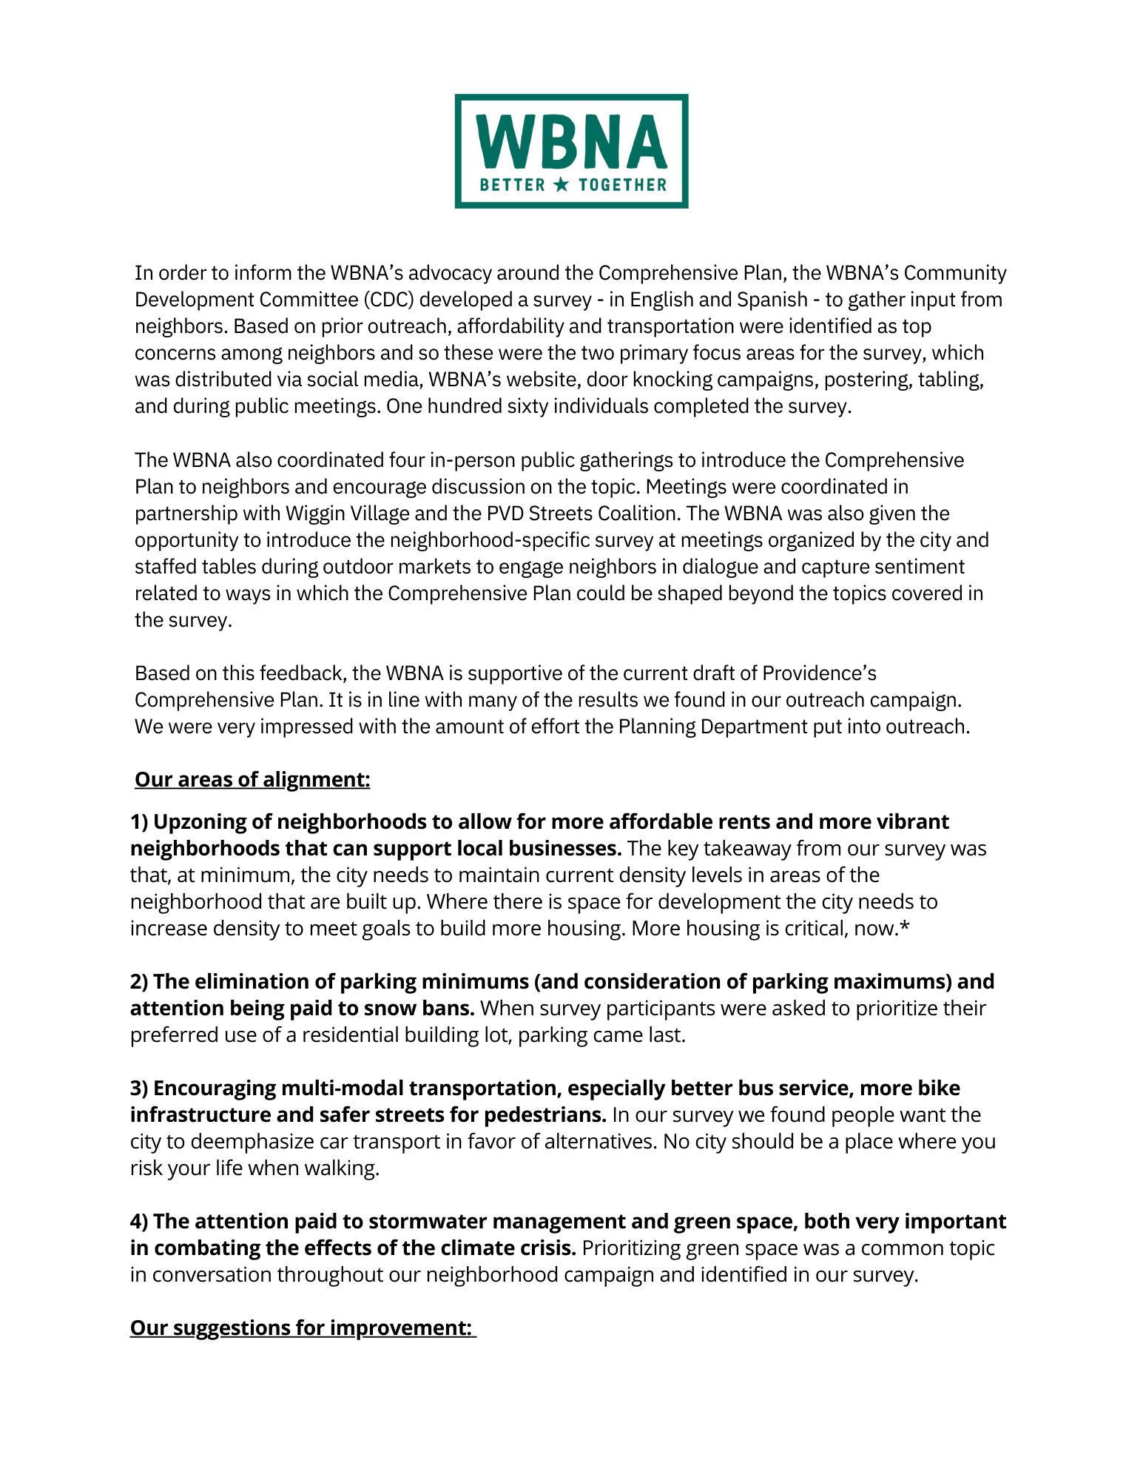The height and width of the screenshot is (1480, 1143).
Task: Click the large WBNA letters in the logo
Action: pos(571,141)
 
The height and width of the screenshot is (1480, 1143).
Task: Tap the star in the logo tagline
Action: pos(562,184)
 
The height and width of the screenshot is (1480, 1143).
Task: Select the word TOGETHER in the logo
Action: pos(622,185)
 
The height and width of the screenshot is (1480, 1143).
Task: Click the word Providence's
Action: pos(819,673)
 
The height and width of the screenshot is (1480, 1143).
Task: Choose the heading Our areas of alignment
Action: pos(252,780)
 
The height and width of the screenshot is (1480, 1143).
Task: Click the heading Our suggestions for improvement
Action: pos(301,1328)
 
